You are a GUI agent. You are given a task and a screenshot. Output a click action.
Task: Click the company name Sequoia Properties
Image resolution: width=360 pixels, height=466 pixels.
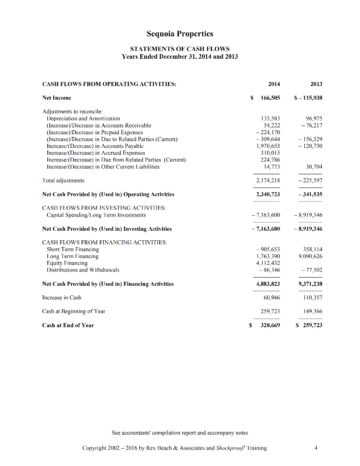coord(180,34)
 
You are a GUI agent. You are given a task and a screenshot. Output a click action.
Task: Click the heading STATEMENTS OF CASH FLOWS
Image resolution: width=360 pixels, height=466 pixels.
coord(180,49)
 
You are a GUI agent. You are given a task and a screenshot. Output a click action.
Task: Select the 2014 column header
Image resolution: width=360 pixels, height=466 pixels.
coord(274,84)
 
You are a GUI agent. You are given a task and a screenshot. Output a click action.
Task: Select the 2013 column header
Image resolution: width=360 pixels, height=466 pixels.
coord(316,84)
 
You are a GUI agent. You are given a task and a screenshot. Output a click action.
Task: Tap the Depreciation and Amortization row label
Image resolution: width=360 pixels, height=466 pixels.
coord(84,118)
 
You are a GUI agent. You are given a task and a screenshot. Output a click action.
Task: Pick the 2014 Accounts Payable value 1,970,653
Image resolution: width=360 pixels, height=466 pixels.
coord(269,146)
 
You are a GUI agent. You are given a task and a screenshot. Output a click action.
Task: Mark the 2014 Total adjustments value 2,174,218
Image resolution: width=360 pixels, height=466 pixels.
coord(269,181)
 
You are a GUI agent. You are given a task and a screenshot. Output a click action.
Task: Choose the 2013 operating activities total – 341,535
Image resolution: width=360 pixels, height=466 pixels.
coord(310,194)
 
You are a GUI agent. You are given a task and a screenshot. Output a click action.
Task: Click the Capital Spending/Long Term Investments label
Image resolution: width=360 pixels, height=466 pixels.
coord(96,215)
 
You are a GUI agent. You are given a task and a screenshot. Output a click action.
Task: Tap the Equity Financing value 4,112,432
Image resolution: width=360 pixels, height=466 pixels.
coord(269,263)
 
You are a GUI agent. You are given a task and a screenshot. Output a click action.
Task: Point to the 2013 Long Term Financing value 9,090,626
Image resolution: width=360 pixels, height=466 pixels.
coord(310,256)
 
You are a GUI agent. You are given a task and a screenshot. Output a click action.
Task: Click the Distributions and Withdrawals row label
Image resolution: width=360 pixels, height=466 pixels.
coord(83,270)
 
